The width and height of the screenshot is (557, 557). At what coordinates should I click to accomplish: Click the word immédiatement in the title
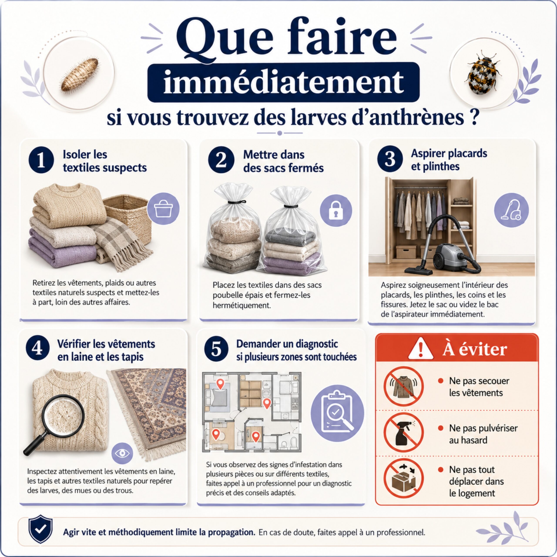pos(284,82)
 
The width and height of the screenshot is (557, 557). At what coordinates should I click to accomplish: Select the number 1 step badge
pos(41,160)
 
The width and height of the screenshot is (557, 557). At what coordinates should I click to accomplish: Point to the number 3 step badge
pos(390,159)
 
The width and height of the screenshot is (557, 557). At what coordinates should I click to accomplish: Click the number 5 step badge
pos(216,349)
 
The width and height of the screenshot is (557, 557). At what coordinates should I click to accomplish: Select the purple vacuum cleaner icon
pos(512,210)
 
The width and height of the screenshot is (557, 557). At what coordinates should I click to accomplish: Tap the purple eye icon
pos(122,453)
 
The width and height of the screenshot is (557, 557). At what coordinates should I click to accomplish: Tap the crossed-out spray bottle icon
pos(403,433)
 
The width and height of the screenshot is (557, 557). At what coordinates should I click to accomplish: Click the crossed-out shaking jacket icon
pos(403,386)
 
